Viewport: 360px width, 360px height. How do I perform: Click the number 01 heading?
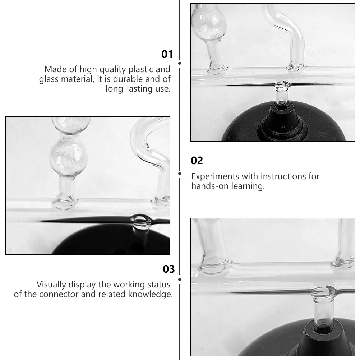coord(167,54)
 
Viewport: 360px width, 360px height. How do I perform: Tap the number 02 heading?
coord(197,161)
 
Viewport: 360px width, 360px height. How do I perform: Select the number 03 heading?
coord(169,269)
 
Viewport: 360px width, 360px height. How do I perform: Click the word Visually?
coord(52,285)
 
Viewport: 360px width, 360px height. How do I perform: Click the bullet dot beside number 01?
coord(180,63)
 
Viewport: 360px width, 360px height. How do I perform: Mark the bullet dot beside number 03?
coord(180,279)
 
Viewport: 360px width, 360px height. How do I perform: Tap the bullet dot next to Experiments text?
coord(180,174)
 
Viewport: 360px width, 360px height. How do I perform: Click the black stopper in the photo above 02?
coord(282,119)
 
